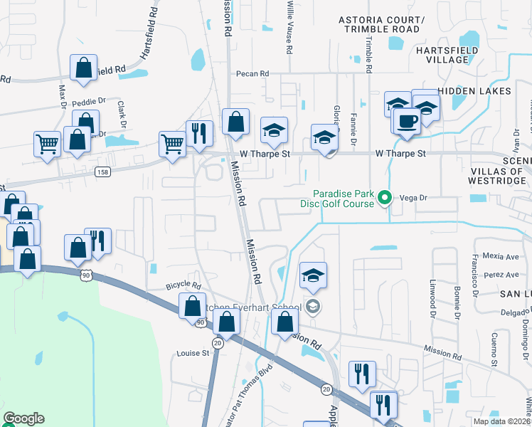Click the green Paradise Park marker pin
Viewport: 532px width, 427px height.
click(x=385, y=197)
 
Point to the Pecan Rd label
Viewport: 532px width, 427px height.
click(x=253, y=73)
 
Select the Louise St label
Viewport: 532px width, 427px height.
click(x=193, y=352)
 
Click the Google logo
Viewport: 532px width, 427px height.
click(x=23, y=418)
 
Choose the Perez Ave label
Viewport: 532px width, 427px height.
click(x=502, y=275)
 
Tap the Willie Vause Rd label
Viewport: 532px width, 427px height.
click(x=289, y=28)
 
